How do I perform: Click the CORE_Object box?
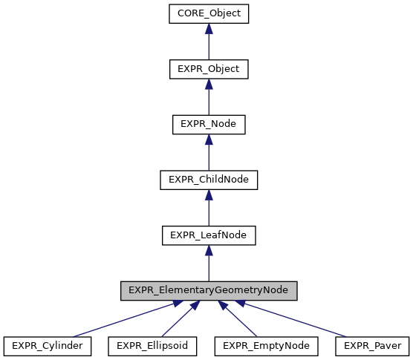pos(209,13)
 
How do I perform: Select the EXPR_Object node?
pos(209,69)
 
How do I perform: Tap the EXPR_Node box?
pos(209,125)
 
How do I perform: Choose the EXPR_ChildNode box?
pos(209,180)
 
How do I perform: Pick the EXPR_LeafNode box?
pos(209,235)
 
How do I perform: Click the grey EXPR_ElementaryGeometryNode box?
pos(209,290)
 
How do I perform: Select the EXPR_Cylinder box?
pos(48,346)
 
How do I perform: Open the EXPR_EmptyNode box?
pos(267,346)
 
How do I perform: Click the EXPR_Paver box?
pos(372,346)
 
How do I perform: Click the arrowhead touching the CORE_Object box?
pos(209,29)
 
